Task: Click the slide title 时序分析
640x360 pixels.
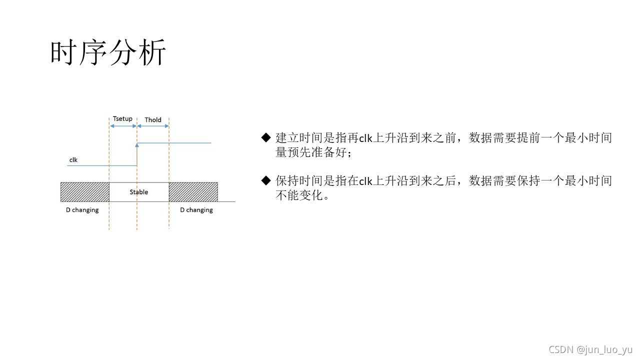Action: [108, 53]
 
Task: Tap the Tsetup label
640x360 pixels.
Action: [122, 119]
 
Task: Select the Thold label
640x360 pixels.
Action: [153, 120]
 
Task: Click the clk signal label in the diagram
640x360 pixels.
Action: [73, 160]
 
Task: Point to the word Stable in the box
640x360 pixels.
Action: [139, 192]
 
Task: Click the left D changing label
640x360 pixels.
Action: [82, 210]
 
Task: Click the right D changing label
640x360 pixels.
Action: [196, 210]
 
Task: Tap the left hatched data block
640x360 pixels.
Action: [85, 192]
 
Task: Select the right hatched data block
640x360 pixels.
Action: [193, 192]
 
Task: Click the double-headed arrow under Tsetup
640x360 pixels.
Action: [123, 126]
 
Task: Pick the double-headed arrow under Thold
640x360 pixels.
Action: [153, 126]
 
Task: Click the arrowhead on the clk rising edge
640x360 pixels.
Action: [137, 145]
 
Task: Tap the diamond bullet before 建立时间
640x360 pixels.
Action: [265, 138]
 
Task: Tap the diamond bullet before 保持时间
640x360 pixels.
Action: [265, 180]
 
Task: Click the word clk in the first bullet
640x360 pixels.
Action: [366, 138]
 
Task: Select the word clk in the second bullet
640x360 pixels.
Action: [366, 181]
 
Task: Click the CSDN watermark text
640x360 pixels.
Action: [560, 349]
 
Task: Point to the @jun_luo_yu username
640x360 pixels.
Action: [604, 349]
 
